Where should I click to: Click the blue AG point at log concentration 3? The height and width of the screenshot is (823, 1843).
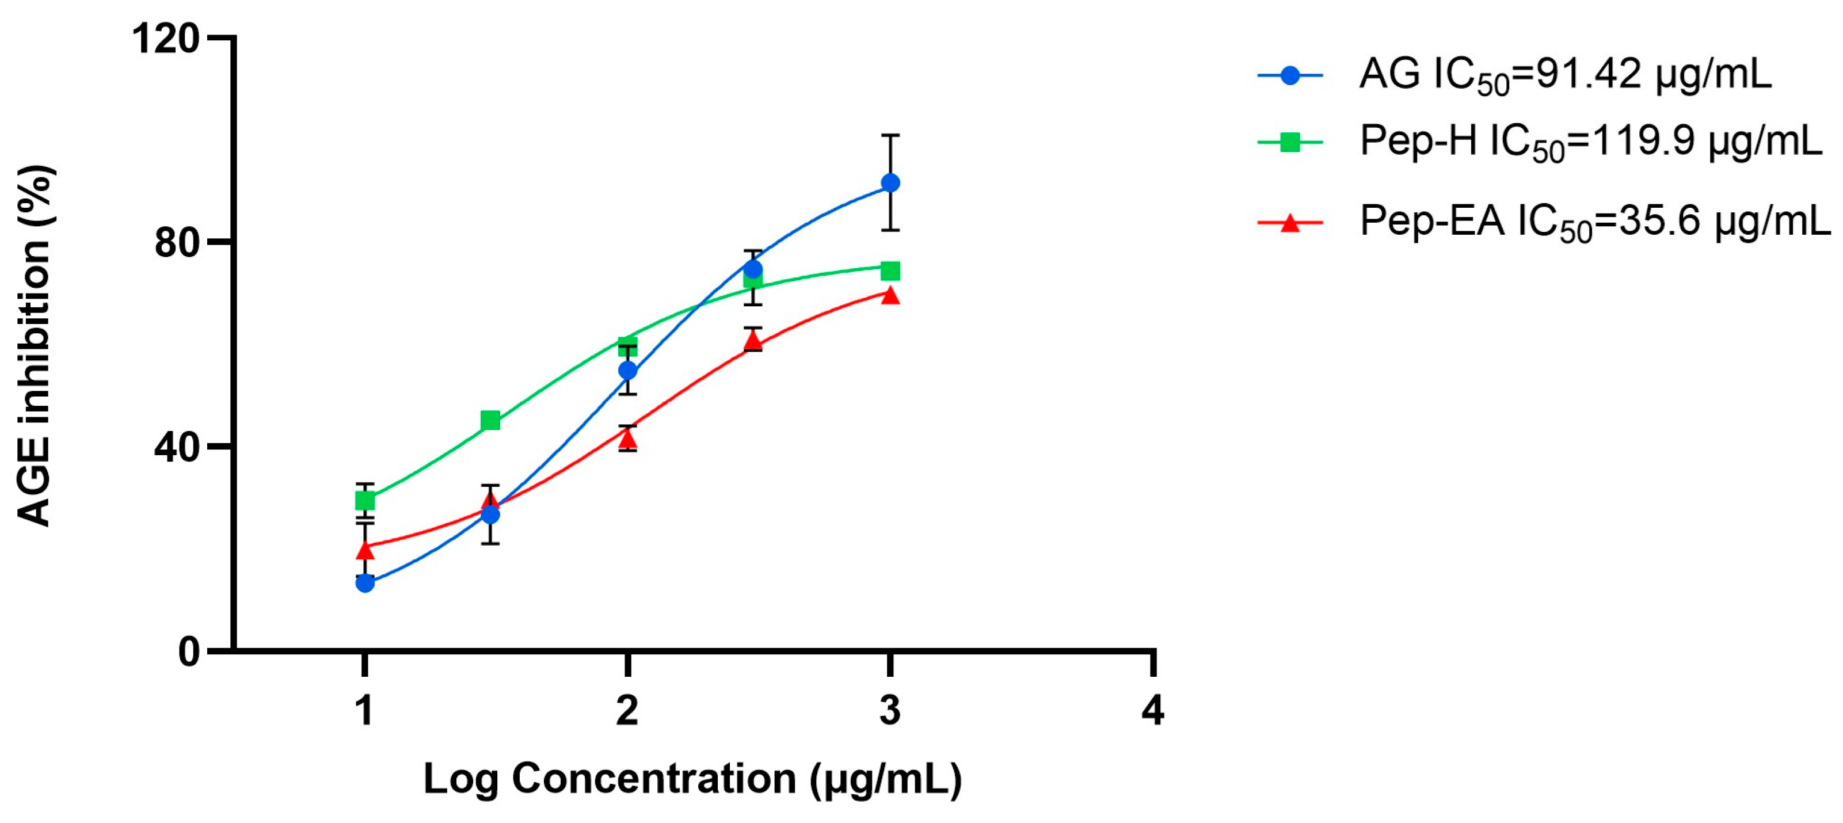pos(889,183)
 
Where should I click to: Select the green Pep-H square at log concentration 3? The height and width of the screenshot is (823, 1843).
pos(889,270)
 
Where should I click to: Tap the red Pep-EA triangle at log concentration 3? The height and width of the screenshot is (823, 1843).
pos(889,295)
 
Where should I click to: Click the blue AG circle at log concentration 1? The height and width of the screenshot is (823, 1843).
pos(365,583)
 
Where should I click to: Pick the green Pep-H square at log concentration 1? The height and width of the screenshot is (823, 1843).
pos(365,500)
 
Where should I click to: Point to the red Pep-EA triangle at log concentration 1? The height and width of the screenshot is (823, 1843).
pos(365,550)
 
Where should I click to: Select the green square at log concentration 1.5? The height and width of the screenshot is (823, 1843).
pos(490,421)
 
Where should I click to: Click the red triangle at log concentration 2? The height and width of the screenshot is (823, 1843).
pos(627,438)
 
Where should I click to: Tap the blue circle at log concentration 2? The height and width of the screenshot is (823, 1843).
pos(627,371)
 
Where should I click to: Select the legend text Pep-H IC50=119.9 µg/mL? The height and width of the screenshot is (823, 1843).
pos(1590,142)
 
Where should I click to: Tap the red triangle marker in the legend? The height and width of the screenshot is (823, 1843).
pos(1289,223)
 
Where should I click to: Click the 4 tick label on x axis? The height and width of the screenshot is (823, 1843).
pos(1152,711)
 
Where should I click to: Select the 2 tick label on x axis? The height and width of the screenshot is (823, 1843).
pos(627,711)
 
